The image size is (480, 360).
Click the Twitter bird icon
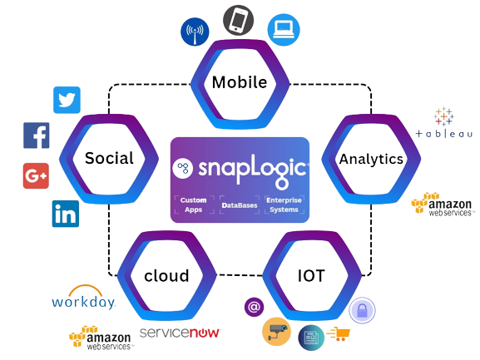click(x=67, y=100)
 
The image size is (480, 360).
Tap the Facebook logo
click(x=36, y=136)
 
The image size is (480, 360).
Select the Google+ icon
click(x=36, y=176)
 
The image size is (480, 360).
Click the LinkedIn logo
click(x=66, y=214)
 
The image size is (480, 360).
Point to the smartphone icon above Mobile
click(x=239, y=20)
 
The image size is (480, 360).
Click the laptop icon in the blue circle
click(x=284, y=30)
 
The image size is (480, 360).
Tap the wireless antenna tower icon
click(x=195, y=32)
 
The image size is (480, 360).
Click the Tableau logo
click(x=444, y=122)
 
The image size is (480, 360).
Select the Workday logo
click(x=83, y=297)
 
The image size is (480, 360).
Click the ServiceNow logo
click(x=180, y=333)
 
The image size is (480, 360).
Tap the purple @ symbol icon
click(x=254, y=307)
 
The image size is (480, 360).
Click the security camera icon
click(x=277, y=332)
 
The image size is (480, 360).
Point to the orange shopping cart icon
click(x=339, y=333)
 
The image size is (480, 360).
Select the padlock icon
click(x=362, y=310)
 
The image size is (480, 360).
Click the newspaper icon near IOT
click(x=311, y=338)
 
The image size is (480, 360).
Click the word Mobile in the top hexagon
click(x=240, y=82)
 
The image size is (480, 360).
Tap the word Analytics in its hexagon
click(x=371, y=160)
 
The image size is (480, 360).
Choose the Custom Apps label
click(x=194, y=205)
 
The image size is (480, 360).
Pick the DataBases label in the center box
click(x=240, y=205)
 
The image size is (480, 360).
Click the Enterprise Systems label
click(x=284, y=205)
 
